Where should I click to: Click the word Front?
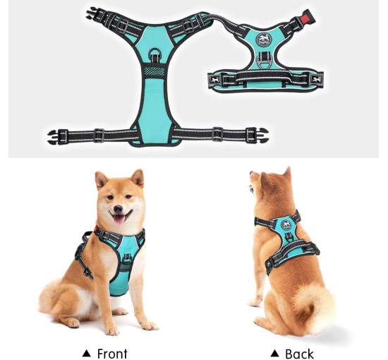[112, 354]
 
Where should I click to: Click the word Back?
[299, 354]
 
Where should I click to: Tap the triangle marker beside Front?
[86, 354]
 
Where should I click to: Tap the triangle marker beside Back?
[274, 354]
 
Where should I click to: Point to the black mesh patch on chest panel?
[154, 71]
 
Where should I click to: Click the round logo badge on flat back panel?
[264, 39]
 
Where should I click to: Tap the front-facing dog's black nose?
[118, 209]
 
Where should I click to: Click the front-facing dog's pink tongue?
[119, 220]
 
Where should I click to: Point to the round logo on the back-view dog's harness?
[286, 225]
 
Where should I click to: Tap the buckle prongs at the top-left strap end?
[92, 13]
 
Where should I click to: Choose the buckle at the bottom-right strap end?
[257, 136]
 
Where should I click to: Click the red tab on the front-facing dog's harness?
[96, 229]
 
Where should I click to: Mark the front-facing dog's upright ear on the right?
[138, 178]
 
